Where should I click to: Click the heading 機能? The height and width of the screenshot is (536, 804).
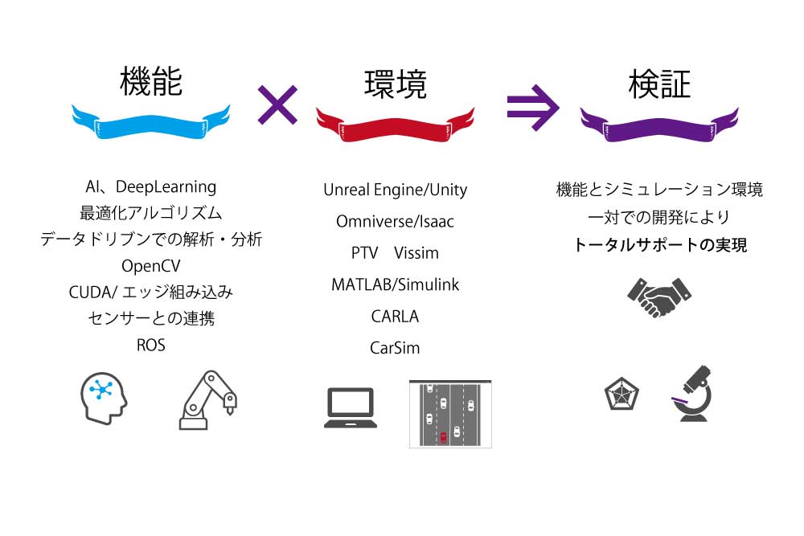(x=150, y=83)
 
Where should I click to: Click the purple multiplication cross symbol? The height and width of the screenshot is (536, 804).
(x=277, y=104)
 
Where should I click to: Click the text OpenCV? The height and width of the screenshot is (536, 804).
(x=151, y=265)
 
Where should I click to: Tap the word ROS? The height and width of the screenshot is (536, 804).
(x=151, y=345)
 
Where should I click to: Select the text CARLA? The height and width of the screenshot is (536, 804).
(x=395, y=317)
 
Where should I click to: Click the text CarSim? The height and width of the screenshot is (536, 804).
(x=395, y=348)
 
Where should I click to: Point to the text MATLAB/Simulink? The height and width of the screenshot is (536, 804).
(x=395, y=284)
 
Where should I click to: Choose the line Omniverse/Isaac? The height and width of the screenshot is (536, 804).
(x=395, y=221)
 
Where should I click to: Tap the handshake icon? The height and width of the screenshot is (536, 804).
(x=659, y=298)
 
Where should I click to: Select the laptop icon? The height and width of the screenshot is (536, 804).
(x=351, y=408)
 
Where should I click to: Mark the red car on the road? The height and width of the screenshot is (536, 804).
(x=442, y=437)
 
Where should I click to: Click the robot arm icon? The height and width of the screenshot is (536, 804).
(x=208, y=399)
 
